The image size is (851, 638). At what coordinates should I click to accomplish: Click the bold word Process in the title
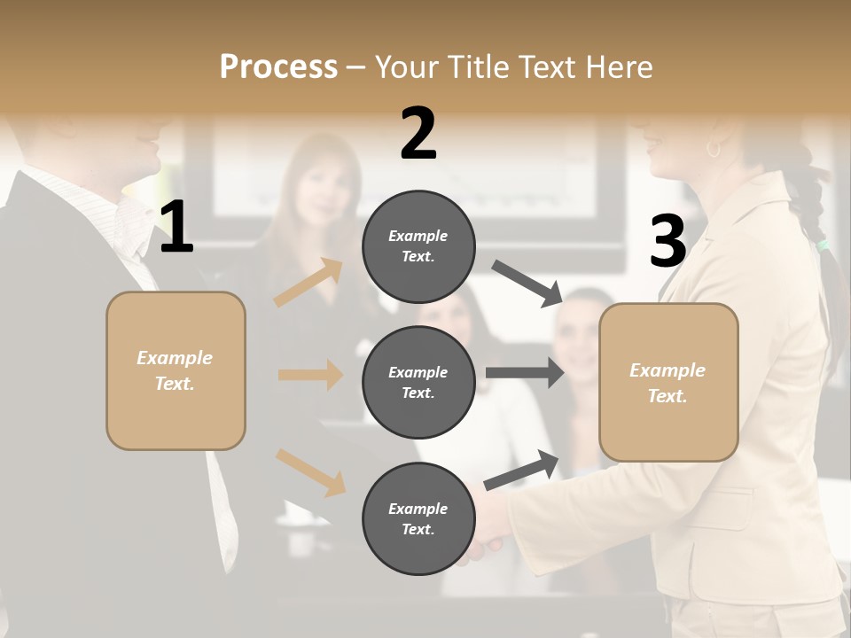coord(278,67)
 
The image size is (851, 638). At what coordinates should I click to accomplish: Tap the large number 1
coord(176,228)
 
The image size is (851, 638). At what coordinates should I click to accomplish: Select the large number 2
coord(418,134)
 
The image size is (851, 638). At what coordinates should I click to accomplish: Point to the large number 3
coord(668,241)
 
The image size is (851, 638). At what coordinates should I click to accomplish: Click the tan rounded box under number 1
coord(176,370)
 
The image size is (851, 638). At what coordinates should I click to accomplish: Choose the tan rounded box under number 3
coord(668,383)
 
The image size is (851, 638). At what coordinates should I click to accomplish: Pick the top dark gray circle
coord(418,246)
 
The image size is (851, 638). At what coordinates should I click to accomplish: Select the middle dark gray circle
coord(418,382)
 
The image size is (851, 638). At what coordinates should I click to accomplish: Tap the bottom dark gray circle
coord(418,518)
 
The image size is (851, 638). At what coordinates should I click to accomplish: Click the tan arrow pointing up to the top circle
coord(308,283)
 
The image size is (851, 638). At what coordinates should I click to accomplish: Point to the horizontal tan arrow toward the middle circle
coord(310,375)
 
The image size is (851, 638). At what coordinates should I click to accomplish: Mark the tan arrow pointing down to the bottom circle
coord(310,472)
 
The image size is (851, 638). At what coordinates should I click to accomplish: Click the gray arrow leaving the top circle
coord(527,284)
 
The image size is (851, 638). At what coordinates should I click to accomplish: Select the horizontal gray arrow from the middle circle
coord(525,373)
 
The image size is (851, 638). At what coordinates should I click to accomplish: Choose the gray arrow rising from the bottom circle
coord(521,471)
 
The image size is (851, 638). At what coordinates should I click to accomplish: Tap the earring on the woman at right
coord(713,149)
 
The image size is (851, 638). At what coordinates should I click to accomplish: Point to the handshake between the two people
coord(486,532)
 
